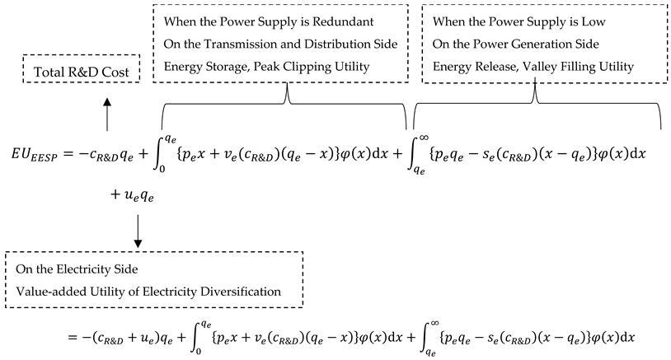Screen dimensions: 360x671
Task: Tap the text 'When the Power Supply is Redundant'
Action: (x=252, y=20)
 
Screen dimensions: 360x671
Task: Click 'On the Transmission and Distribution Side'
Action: (x=265, y=43)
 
